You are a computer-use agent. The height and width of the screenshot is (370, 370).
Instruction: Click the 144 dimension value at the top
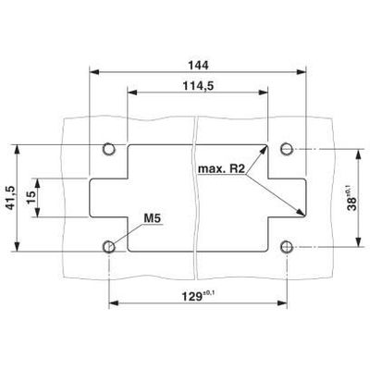(x=197, y=65)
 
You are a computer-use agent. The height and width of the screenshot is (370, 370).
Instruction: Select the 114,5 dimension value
(x=197, y=85)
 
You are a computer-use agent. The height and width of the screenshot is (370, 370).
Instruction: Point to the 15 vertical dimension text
(x=31, y=196)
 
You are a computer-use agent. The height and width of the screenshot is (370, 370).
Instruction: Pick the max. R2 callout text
(x=219, y=169)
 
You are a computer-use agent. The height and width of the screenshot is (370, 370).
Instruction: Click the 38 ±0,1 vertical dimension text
(x=351, y=197)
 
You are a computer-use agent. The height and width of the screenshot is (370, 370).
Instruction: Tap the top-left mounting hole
(x=110, y=148)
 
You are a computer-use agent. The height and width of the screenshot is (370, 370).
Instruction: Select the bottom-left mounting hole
(x=110, y=247)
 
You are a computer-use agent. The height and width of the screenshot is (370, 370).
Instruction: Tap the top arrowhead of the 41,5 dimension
(x=18, y=148)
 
